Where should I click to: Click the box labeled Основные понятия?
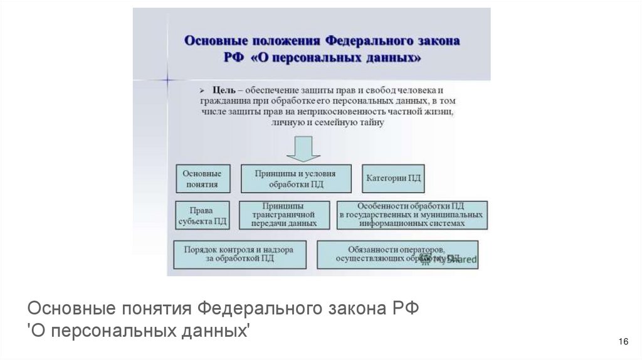click(x=201, y=178)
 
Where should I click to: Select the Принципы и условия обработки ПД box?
click(x=296, y=179)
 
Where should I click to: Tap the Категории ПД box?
click(x=393, y=178)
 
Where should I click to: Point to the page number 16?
click(x=623, y=341)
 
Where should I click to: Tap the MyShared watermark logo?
click(x=451, y=258)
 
